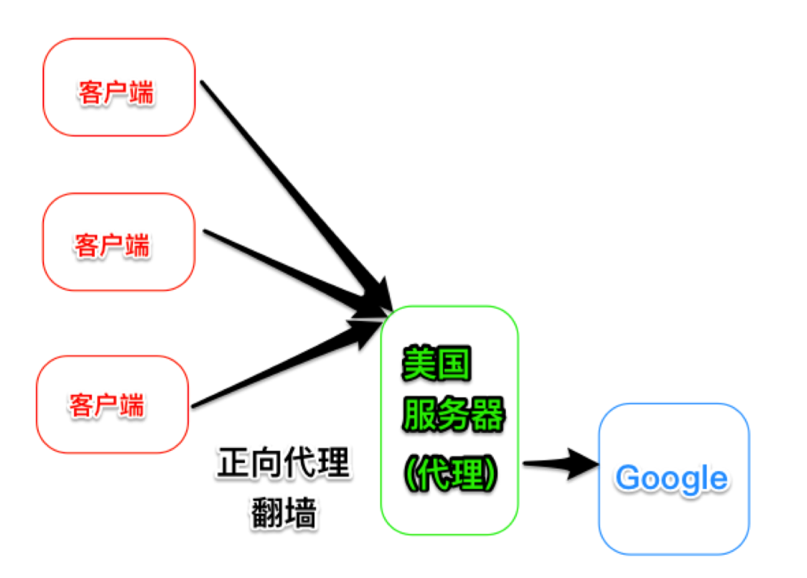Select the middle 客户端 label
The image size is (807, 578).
coord(112,244)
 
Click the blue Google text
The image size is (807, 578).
coord(672,479)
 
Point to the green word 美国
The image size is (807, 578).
coord(436,364)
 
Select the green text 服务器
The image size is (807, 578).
coord(454,416)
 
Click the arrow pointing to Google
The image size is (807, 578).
coord(560,464)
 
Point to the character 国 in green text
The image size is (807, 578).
coord(454,364)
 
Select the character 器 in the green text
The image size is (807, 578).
coord(488,416)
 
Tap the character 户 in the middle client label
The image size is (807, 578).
coord(112,244)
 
